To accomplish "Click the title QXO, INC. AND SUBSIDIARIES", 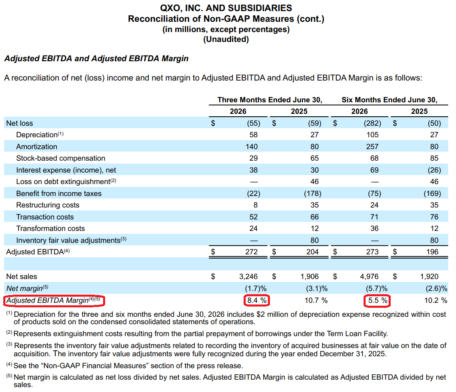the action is coord(226,8).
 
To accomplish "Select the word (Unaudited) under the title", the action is coord(226,39).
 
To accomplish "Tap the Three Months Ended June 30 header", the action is coord(269,100).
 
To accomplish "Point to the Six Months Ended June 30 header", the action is coord(389,100).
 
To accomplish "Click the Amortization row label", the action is coord(37,147).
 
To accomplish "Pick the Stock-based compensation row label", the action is coord(61,158).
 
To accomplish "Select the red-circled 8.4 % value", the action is coord(257,300).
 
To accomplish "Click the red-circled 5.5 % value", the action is coord(377,300).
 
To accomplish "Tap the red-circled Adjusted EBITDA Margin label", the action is coord(54,300).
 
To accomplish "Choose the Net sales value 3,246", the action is coord(249,276).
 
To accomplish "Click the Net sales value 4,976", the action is coord(369,276).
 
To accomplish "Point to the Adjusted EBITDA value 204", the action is coord(312,252).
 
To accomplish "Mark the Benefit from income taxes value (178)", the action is coord(313,194).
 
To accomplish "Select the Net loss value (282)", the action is coord(372,123).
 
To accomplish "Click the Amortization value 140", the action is coord(251,147).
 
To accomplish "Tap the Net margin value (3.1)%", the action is coord(317,288).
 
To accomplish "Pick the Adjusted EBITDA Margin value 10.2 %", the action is coord(435,300).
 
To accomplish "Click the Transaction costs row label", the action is coord(45,217).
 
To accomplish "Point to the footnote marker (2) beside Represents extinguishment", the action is coord(9,332).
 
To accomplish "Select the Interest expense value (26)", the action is coord(434,170).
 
